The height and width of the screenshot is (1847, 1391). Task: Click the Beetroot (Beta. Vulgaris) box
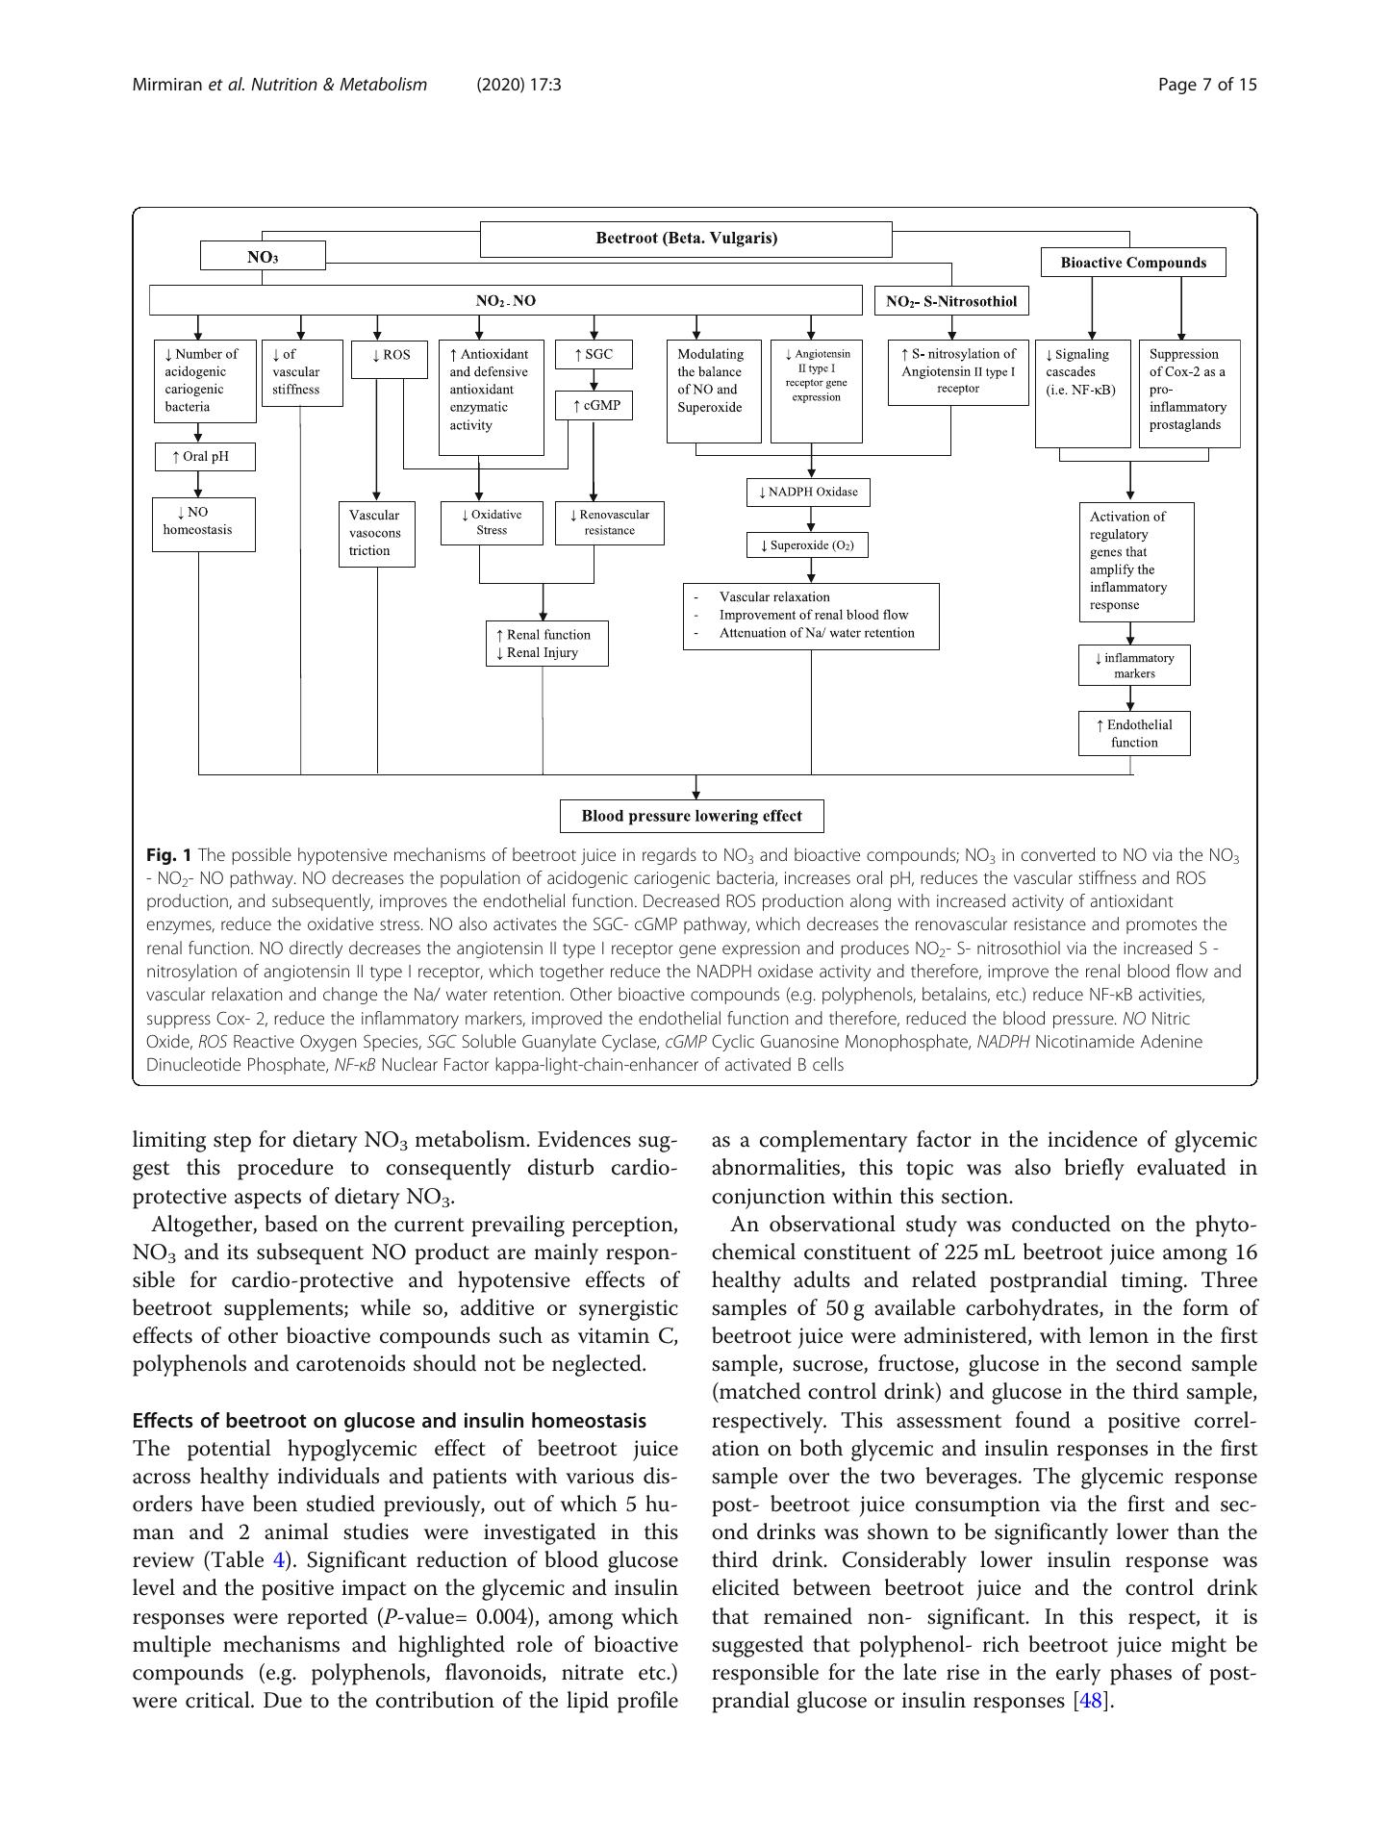pos(686,239)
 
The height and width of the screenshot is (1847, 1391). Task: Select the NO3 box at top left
pos(263,256)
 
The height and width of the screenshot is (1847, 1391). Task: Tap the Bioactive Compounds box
pos(1133,263)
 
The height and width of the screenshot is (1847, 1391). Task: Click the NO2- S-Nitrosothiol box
pos(950,301)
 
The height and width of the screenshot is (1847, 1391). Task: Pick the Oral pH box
pos(205,456)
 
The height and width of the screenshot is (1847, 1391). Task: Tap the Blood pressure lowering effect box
pos(692,816)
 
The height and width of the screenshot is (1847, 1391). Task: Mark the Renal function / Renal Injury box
pos(547,644)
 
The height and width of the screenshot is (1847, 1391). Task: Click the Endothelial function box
pos(1134,733)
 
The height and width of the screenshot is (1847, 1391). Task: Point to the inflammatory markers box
pos(1134,666)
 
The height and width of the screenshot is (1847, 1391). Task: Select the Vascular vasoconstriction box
pos(376,533)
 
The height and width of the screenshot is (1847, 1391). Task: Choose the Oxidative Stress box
pos(492,522)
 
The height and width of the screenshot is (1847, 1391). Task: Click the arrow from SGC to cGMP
pos(594,380)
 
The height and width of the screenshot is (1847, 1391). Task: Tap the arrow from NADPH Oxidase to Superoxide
pos(811,519)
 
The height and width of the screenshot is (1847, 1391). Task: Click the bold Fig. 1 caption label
pos(169,854)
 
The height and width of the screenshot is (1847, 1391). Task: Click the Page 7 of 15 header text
pos(1207,85)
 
